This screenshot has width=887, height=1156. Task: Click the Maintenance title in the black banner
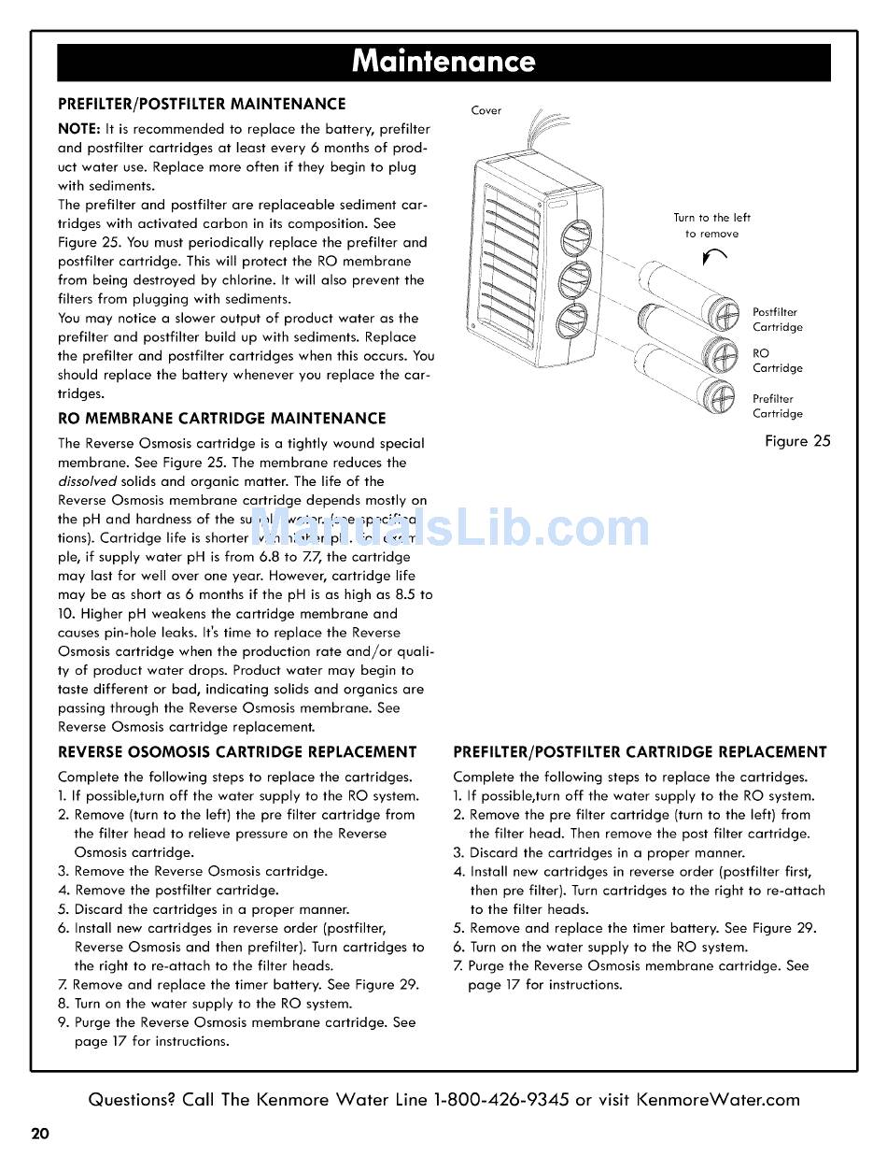pos(443,62)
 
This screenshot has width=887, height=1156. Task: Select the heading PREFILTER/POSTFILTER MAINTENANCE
pos(202,104)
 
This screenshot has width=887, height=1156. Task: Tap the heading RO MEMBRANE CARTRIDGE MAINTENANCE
pos(221,418)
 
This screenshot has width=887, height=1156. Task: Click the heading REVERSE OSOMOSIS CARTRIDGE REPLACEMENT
pos(237,751)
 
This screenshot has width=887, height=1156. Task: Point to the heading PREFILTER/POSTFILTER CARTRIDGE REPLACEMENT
pos(640,751)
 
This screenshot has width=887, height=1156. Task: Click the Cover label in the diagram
pos(486,110)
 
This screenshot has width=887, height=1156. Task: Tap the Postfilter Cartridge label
pos(777,320)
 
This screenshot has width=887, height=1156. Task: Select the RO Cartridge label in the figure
pos(777,361)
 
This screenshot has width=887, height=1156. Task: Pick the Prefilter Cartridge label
pos(777,407)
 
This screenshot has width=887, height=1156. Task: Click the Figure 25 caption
pos(796,441)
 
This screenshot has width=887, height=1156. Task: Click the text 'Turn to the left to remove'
pos(711,225)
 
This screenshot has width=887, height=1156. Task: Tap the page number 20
pos(39,1135)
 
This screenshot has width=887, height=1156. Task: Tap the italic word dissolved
pos(87,481)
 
